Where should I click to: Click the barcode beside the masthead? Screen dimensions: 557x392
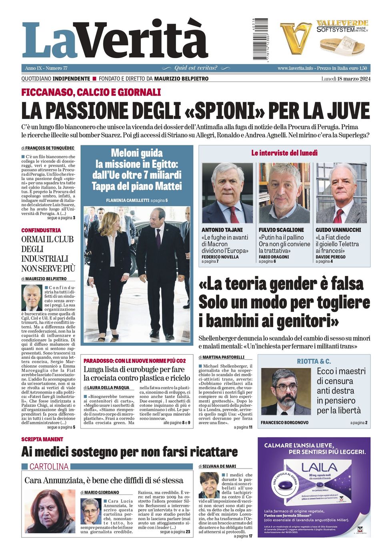[260, 39]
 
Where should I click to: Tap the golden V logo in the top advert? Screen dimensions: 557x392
[296, 38]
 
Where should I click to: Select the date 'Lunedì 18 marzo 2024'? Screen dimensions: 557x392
[346, 78]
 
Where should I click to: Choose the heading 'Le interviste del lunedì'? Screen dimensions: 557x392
[284, 153]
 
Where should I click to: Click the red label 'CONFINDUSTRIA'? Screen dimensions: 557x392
[41, 230]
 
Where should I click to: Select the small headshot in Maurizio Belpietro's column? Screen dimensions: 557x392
[32, 298]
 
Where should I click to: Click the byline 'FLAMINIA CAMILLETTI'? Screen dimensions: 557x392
[128, 200]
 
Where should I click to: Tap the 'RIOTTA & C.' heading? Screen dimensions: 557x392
[314, 361]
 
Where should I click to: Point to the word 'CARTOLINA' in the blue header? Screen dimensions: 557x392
[49, 467]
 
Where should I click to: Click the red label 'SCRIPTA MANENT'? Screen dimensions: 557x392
[42, 439]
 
